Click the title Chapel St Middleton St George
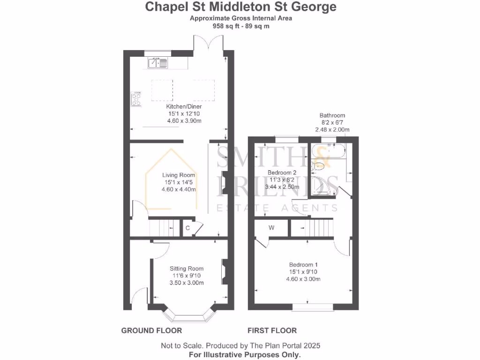point(240,7)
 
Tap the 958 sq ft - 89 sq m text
point(240,26)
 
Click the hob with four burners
point(136,99)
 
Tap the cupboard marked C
point(187,228)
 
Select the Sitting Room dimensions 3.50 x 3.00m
point(187,283)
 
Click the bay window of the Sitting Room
point(187,317)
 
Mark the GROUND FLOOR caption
point(151,330)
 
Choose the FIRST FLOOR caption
point(272,330)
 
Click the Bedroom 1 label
point(303,265)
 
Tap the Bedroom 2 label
point(282,172)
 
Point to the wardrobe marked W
point(271,228)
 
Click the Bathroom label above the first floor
point(332,115)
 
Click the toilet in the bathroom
point(320,165)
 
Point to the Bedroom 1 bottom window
point(307,307)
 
